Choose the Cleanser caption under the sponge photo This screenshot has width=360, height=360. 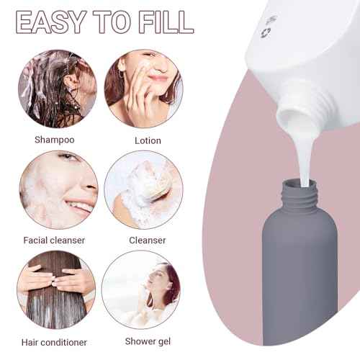click(x=148, y=240)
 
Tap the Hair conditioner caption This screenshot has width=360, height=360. click(x=55, y=342)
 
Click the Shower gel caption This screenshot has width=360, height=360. click(x=148, y=342)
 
